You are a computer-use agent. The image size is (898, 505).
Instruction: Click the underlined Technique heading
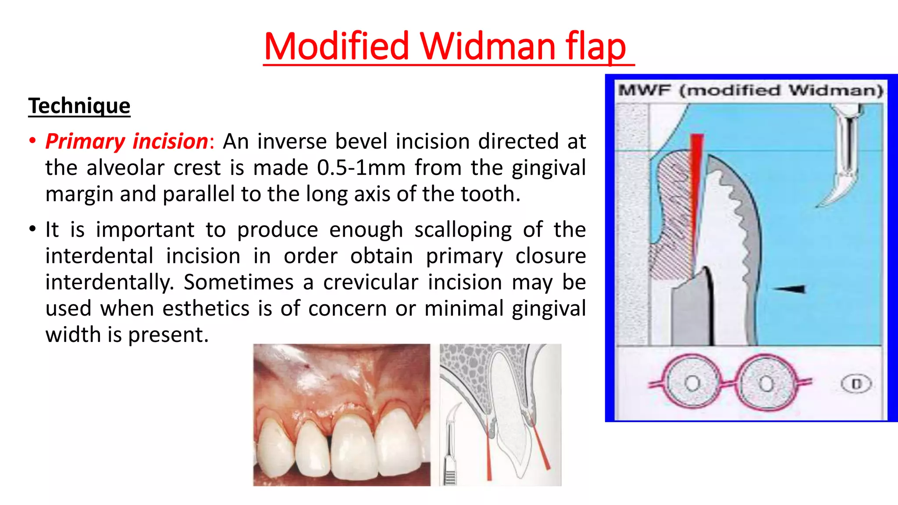point(79,106)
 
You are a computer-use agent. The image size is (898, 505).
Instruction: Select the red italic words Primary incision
point(127,142)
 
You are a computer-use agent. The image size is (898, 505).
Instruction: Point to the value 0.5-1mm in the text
point(361,168)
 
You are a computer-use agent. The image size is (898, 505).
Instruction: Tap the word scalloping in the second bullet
point(463,230)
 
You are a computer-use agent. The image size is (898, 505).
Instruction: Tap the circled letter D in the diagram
point(856,384)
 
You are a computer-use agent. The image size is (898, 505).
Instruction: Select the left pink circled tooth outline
point(692,382)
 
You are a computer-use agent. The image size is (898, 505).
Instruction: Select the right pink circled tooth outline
point(766,382)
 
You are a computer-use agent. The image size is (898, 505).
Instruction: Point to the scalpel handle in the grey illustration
point(449,456)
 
